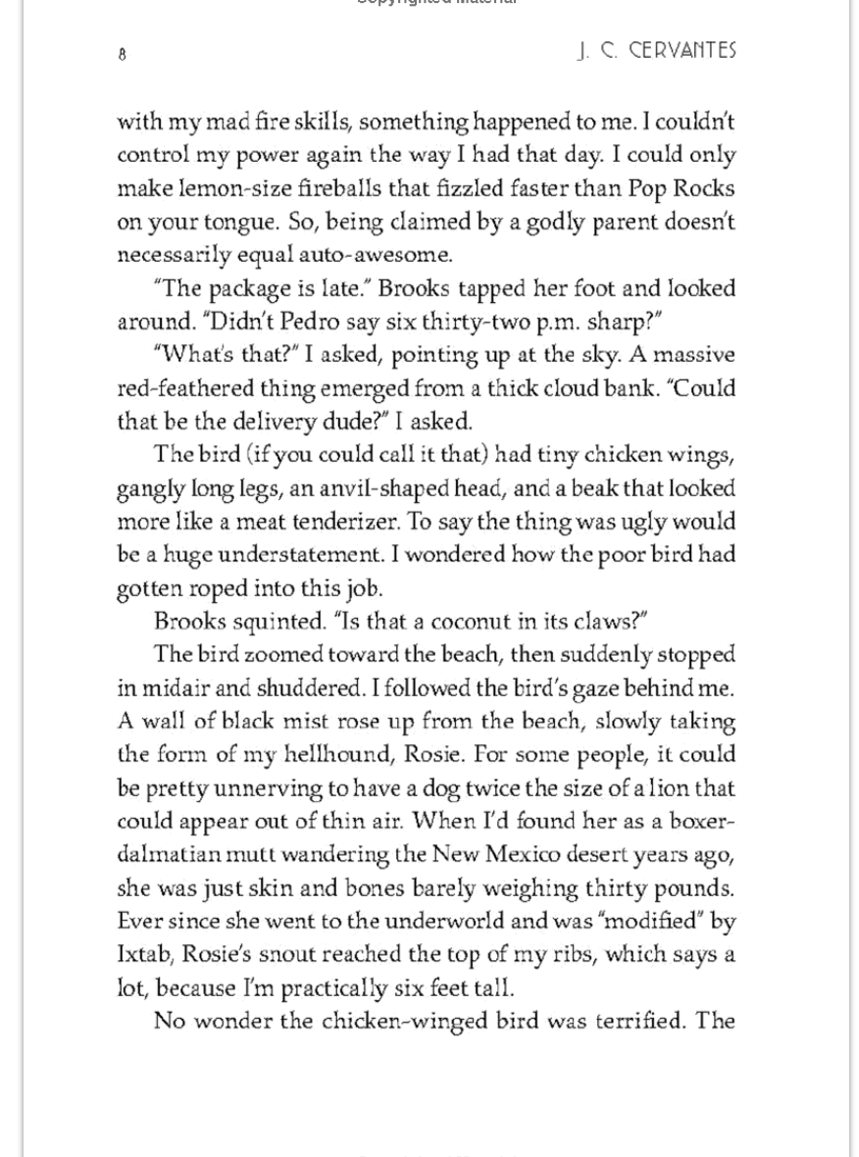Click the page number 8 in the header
pos(122,55)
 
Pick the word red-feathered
pos(183,388)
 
